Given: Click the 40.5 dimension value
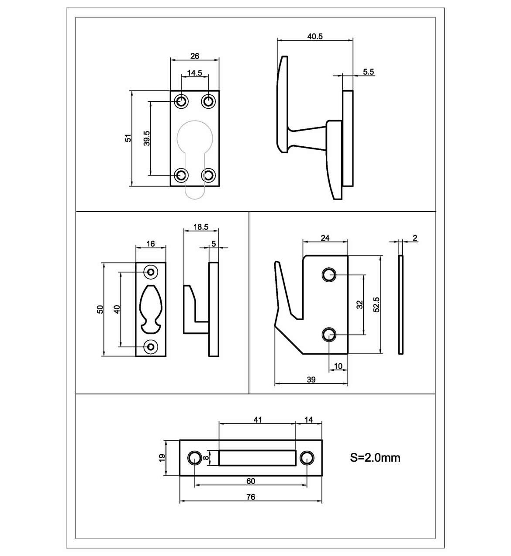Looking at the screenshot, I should tap(314, 37).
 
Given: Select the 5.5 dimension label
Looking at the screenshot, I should tap(368, 72).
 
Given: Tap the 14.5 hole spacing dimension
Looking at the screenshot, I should tap(194, 73).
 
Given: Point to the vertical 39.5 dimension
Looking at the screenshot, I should tap(147, 138).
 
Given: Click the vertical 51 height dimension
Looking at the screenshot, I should tap(128, 138).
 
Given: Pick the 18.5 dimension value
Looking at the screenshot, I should tap(200, 227).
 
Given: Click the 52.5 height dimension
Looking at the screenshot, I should tap(376, 304).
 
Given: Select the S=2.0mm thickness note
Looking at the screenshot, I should tap(375, 458).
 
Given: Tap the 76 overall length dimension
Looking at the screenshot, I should tap(250, 497).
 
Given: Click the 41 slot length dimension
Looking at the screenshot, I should tap(258, 420).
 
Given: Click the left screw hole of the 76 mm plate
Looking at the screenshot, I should tap(194, 458).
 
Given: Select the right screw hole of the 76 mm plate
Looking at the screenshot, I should tap(307, 458).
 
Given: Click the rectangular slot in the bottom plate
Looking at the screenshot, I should tap(257, 458).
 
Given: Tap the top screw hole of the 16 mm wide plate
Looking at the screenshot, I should tap(151, 272).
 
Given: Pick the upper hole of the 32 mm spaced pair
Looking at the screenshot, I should tap(328, 275).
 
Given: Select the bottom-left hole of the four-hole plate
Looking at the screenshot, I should tap(181, 175).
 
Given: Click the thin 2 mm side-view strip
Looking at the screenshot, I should tap(401, 304).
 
